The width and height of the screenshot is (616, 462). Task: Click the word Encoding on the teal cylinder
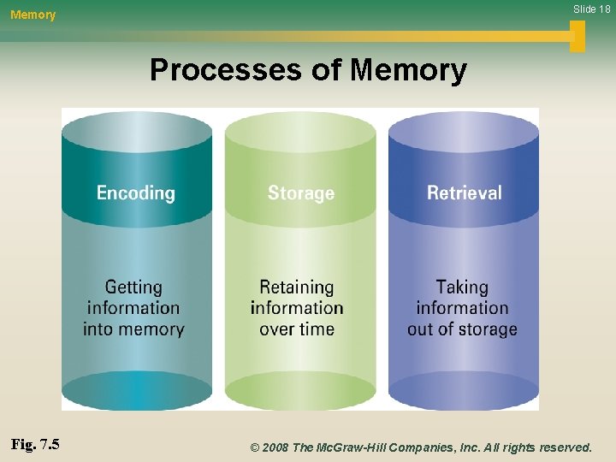pos(135,193)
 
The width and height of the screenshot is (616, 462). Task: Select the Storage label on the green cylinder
pos(300,193)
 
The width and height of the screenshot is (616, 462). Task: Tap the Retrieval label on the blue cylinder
pos(464,192)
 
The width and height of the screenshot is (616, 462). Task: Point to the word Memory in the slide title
pos(408,70)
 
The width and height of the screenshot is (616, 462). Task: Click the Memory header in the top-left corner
pos(33,15)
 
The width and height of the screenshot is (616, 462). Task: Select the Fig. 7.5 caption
pos(35,445)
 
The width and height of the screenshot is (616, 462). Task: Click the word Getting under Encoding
pos(133,287)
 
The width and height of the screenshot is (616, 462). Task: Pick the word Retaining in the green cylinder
pos(297,287)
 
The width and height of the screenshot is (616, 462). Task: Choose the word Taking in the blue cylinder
pos(462,287)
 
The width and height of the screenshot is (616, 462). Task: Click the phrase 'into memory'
pos(133,329)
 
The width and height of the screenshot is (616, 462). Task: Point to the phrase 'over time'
pos(297,329)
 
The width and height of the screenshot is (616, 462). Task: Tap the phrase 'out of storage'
pos(462,329)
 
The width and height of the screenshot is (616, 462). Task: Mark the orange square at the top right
pos(577,35)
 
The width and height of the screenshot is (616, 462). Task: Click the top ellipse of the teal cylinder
pos(137,133)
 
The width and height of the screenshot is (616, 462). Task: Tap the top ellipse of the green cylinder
pos(300,133)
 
